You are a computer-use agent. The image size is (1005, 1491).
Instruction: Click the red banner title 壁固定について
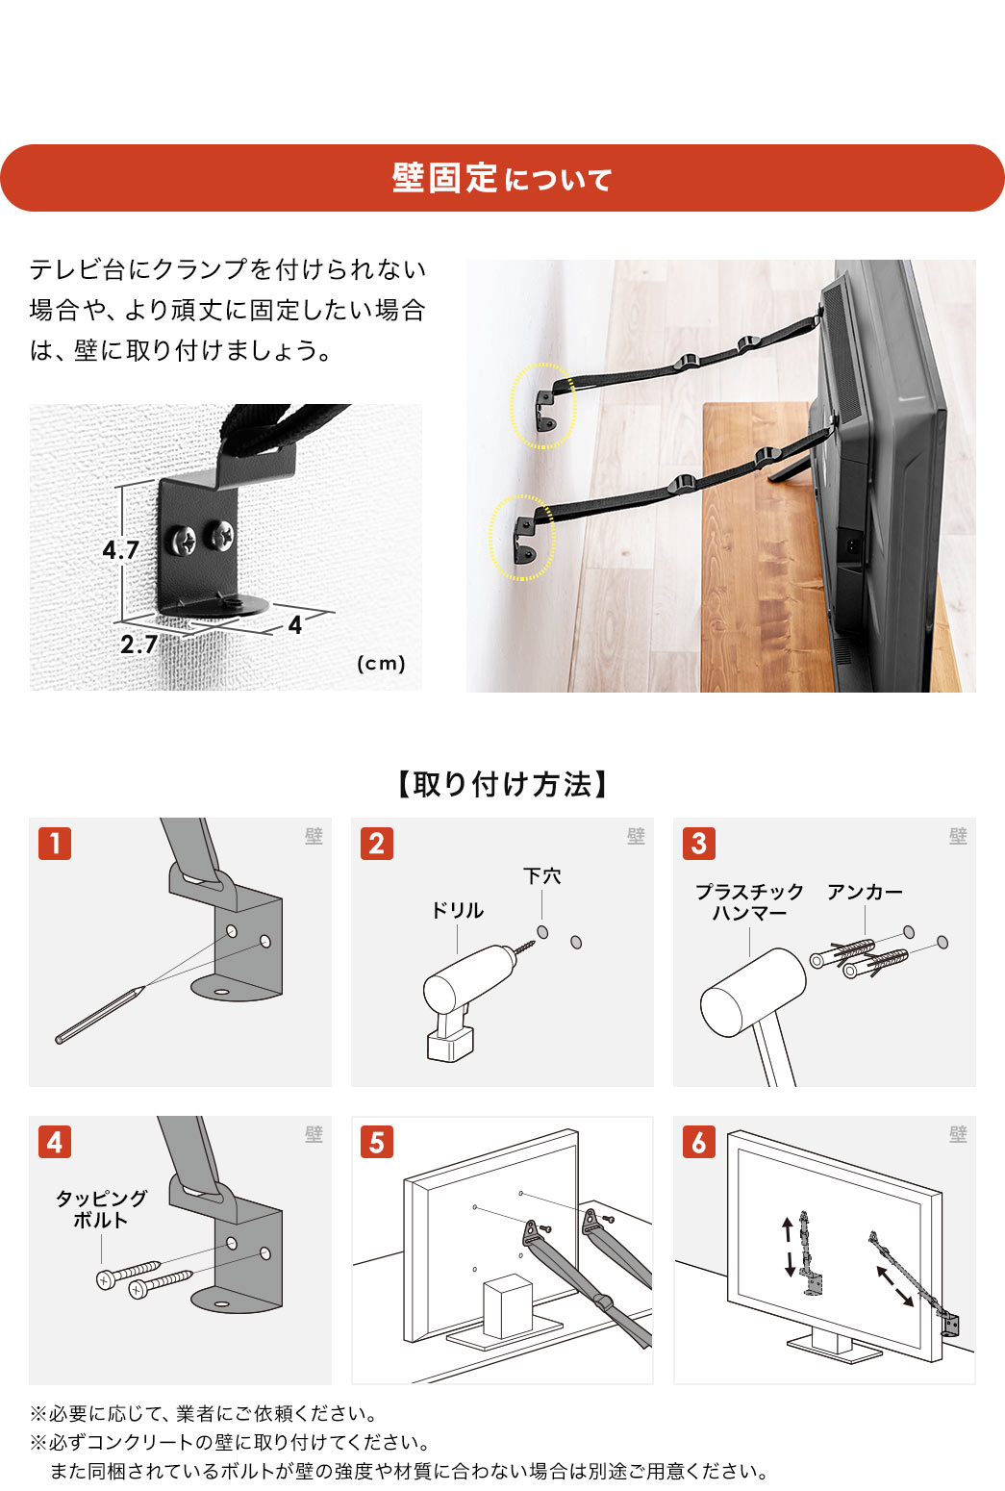(x=501, y=179)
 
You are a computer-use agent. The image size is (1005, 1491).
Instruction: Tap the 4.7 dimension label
(x=121, y=550)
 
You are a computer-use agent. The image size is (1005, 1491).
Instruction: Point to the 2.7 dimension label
(x=138, y=644)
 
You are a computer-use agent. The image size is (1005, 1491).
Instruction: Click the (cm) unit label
(x=381, y=663)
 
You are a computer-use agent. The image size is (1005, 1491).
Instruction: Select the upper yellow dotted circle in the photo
(x=543, y=405)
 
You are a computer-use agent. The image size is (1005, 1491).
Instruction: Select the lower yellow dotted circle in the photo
(x=522, y=537)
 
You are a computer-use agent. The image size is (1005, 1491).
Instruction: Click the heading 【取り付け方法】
(x=501, y=785)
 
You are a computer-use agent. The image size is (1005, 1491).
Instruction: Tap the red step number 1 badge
(x=55, y=844)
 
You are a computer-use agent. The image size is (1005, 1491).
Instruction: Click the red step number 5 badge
(x=377, y=1142)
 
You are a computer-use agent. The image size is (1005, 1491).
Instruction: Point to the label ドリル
(x=457, y=910)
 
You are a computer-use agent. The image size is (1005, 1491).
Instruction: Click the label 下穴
(x=541, y=876)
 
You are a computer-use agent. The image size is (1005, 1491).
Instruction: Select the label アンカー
(x=865, y=893)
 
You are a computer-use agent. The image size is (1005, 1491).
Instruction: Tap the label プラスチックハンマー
(x=749, y=902)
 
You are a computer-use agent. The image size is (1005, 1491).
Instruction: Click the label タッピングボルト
(x=101, y=1209)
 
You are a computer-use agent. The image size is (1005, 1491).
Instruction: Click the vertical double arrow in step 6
(x=789, y=1247)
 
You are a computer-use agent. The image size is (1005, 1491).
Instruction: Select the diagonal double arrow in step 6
(x=894, y=1286)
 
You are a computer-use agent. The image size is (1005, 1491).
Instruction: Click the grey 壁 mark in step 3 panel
(x=958, y=836)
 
